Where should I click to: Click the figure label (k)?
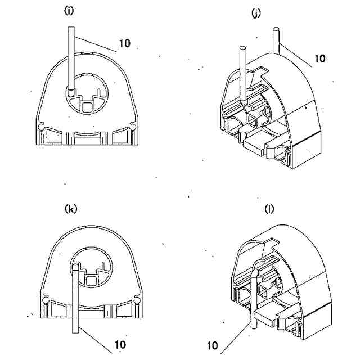[71, 209]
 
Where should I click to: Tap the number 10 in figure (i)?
[125, 43]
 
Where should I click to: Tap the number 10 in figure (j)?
[319, 58]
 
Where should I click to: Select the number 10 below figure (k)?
[120, 344]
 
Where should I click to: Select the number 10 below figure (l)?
[213, 345]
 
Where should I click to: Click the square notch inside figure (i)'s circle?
[88, 105]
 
